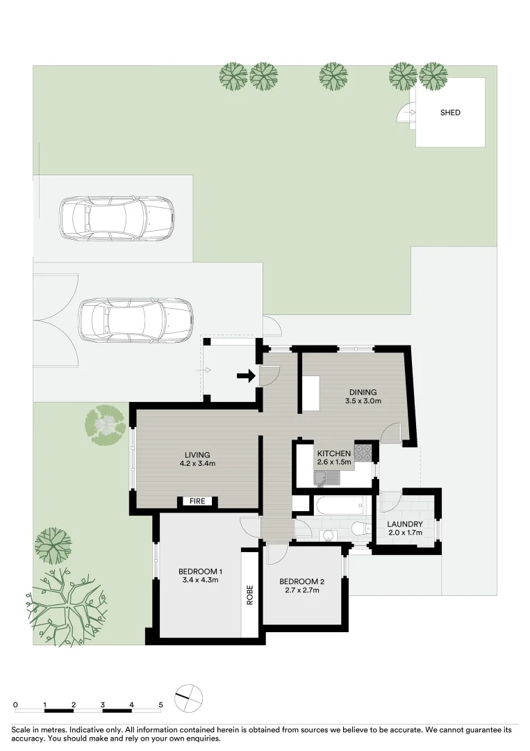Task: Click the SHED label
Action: coord(450,113)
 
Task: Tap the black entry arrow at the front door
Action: coord(247,376)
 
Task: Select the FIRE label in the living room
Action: coord(197,501)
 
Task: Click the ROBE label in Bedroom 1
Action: coord(249,595)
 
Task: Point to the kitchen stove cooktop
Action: coord(363,454)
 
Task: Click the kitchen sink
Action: coord(326,478)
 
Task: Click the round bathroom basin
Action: coord(328,535)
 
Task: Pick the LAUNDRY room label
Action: coord(405,524)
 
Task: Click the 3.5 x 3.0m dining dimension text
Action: coord(363,401)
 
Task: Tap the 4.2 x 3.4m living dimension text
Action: coord(197,463)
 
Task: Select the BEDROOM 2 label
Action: coord(302,581)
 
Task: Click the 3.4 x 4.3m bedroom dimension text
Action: coord(201,579)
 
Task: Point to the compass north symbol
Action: coord(189,698)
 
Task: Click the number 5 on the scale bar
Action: coord(160,704)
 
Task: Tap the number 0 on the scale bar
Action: coord(16,704)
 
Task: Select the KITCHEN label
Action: coord(334,453)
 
